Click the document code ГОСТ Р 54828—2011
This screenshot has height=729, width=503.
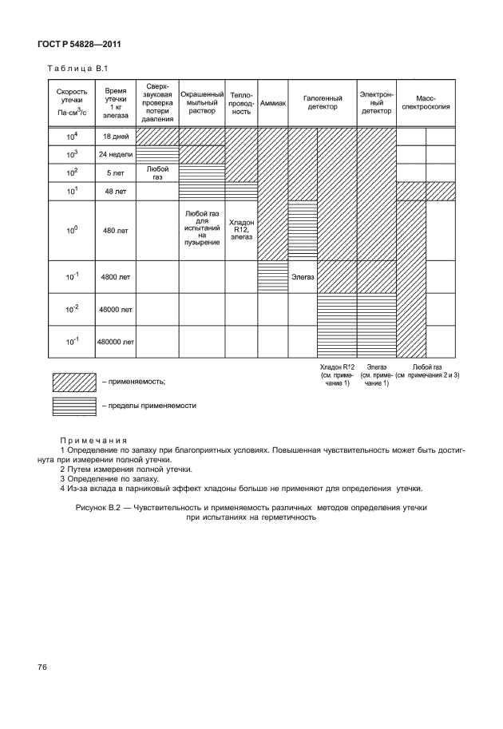tap(79, 44)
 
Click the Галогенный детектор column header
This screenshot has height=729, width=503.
tap(322, 101)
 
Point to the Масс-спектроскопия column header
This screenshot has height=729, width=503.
tap(426, 101)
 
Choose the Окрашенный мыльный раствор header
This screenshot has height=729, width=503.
tap(201, 101)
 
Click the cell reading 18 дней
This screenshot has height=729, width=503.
tap(115, 137)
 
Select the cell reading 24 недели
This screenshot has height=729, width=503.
tap(115, 154)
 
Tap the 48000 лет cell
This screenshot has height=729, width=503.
tap(115, 308)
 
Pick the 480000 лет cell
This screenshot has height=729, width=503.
tap(115, 341)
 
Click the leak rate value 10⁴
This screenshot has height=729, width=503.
tap(71, 137)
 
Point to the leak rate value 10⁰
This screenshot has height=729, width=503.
tap(71, 230)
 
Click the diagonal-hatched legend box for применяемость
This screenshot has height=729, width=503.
tap(73, 382)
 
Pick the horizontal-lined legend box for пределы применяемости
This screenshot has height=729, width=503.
tap(73, 405)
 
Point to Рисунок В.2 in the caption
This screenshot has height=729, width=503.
tap(99, 508)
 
